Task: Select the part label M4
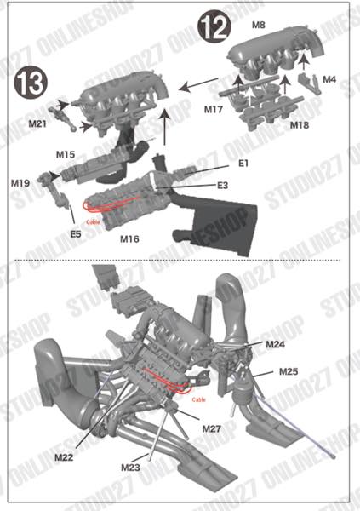click(329, 80)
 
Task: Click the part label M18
click(299, 125)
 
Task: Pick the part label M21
click(37, 124)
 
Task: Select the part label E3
click(222, 185)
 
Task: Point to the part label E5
click(76, 233)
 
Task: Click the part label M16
click(129, 238)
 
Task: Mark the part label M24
click(275, 345)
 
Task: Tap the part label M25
click(288, 373)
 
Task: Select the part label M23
click(129, 467)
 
